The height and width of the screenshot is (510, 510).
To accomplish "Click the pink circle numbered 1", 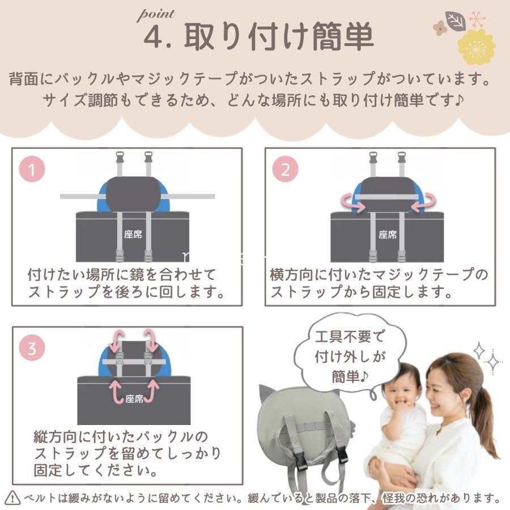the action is click(32, 169).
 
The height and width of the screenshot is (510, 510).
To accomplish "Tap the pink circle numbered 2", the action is click(285, 169).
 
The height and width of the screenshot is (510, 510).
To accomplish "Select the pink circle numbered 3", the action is click(32, 348).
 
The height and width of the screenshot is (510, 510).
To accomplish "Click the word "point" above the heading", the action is click(156, 15).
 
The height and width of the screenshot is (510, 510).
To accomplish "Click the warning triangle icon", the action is click(12, 498).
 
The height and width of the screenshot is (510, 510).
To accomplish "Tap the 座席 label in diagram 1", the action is click(133, 234).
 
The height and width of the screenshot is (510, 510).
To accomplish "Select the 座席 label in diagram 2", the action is click(388, 235).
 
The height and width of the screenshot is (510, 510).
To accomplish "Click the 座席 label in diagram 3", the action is click(134, 399).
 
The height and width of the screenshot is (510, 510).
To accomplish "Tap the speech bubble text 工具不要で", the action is click(350, 336).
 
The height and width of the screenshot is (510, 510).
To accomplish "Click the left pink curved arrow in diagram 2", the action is click(353, 202).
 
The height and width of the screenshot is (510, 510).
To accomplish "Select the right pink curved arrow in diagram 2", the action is click(423, 202).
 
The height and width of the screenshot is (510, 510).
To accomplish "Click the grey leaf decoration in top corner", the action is click(455, 21).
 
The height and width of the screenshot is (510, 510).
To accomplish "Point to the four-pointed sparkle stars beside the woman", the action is click(487, 358).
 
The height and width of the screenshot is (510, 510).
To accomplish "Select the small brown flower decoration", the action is click(440, 28).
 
